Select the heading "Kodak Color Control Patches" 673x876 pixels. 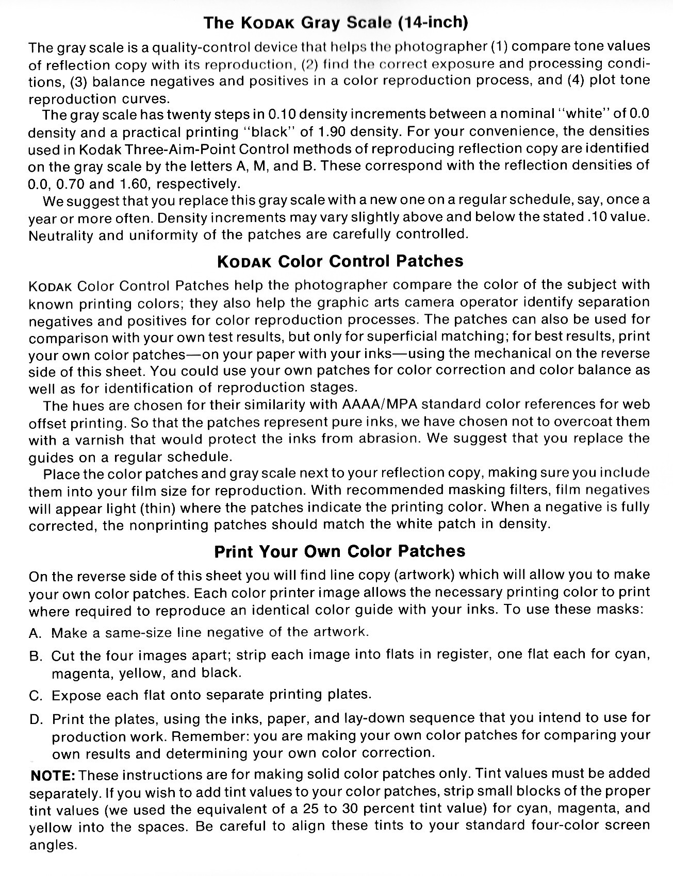(x=340, y=261)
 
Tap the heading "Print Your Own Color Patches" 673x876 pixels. (x=339, y=551)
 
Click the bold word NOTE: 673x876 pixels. (x=54, y=775)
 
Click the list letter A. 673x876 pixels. (x=35, y=633)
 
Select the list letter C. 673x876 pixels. (x=35, y=696)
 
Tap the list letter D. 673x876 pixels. (x=36, y=719)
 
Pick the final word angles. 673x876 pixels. (x=53, y=846)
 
